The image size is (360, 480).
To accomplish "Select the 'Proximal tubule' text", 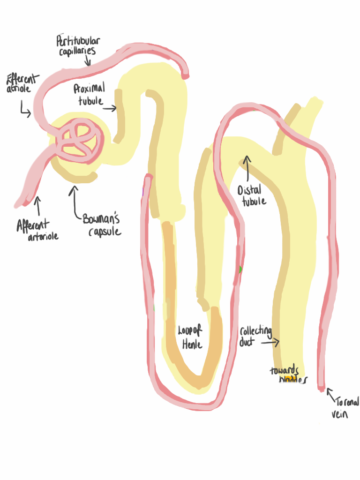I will (x=89, y=94).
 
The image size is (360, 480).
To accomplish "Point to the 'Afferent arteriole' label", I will (x=37, y=231).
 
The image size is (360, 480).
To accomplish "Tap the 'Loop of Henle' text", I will (x=190, y=337).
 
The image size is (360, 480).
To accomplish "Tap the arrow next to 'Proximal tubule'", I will (x=110, y=109).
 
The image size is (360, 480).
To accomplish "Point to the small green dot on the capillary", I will (x=240, y=270).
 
